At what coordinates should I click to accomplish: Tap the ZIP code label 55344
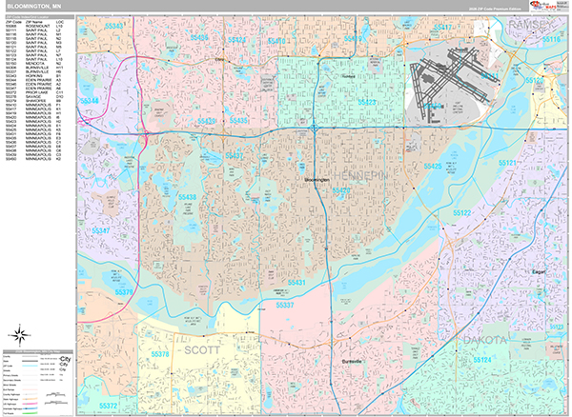[90, 100]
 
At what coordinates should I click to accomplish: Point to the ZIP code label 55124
[480, 360]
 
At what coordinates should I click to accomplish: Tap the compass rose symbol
[19, 334]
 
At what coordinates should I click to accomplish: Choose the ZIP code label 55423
[366, 102]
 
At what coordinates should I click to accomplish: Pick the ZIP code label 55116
[551, 39]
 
